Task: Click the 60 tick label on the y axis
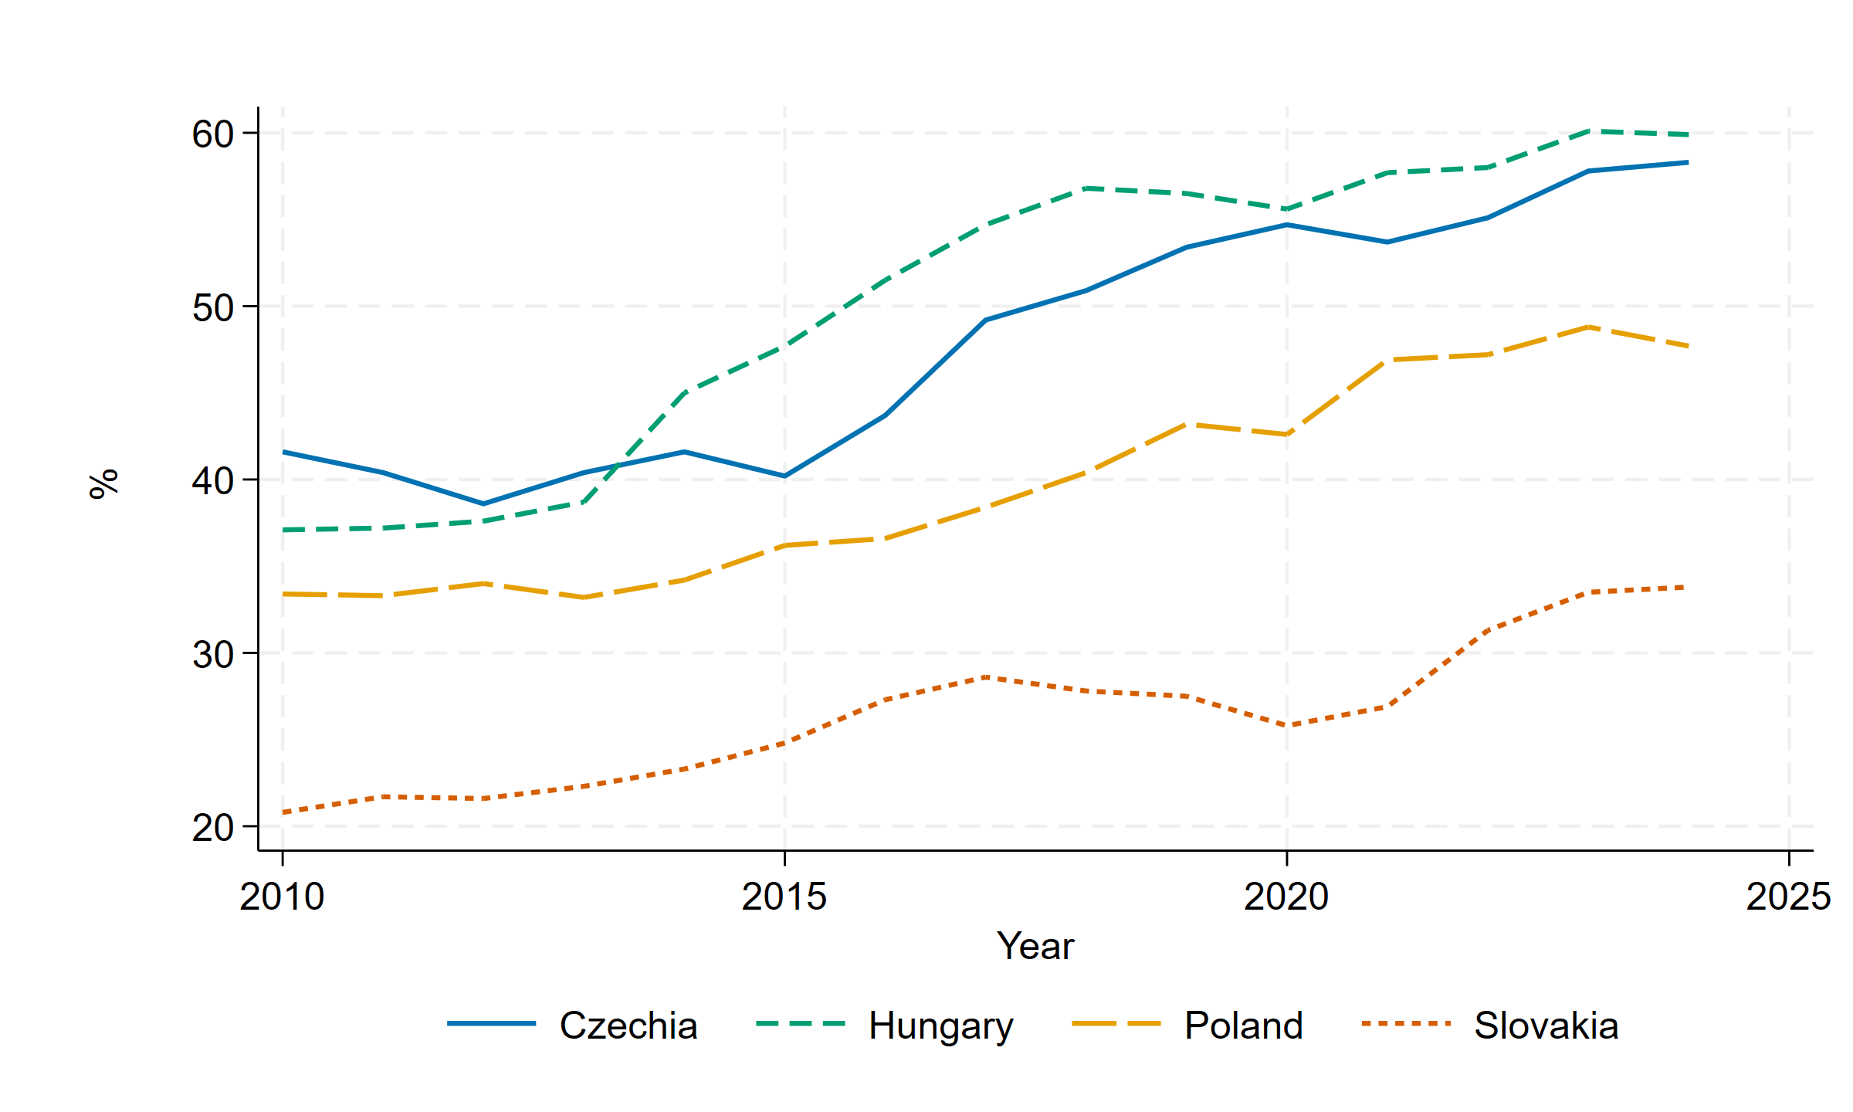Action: pyautogui.click(x=212, y=134)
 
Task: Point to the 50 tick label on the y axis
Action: pyautogui.click(x=212, y=308)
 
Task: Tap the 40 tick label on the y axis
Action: pyautogui.click(x=212, y=481)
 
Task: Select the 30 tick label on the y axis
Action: pyautogui.click(x=212, y=655)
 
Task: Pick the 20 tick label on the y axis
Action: pyautogui.click(x=212, y=828)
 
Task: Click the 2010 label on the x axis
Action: pyautogui.click(x=282, y=897)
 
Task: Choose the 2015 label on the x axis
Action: pyautogui.click(x=784, y=897)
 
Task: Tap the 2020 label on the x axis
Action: pyautogui.click(x=1286, y=897)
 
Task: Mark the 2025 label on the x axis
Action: pyautogui.click(x=1788, y=897)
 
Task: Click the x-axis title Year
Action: pyautogui.click(x=1035, y=946)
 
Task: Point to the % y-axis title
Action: pyautogui.click(x=104, y=484)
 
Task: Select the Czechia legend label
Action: pyautogui.click(x=628, y=1026)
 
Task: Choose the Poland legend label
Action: pyautogui.click(x=1244, y=1026)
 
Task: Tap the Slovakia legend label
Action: pyautogui.click(x=1546, y=1026)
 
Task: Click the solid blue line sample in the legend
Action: pyautogui.click(x=491, y=1024)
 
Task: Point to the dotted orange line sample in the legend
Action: pyautogui.click(x=1407, y=1024)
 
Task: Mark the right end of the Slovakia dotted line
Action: pyautogui.click(x=1687, y=588)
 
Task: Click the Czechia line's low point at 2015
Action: pyautogui.click(x=784, y=476)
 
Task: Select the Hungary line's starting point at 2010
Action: pyautogui.click(x=283, y=530)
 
